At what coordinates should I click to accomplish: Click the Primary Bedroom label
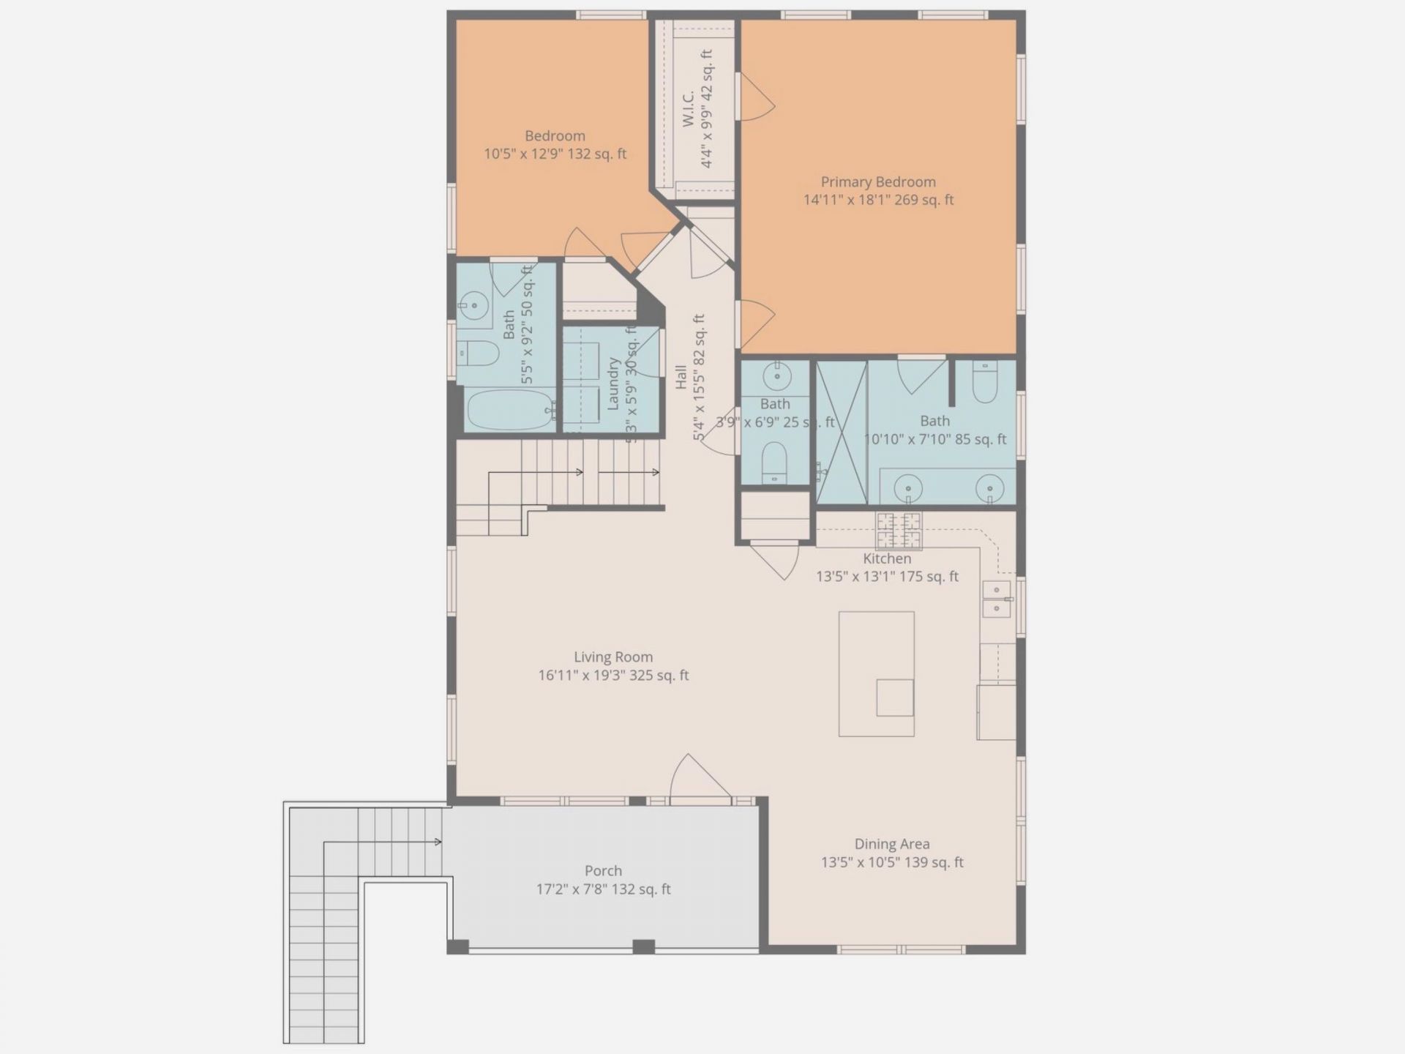878,190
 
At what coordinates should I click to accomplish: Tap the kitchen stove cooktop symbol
899,530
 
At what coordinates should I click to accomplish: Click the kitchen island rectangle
876,673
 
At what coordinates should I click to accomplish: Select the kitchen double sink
997,599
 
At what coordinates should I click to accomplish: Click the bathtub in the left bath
509,409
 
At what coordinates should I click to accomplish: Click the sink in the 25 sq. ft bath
776,378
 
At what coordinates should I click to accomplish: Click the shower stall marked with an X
842,432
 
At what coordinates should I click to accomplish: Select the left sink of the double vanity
908,487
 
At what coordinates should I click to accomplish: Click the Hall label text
681,377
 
